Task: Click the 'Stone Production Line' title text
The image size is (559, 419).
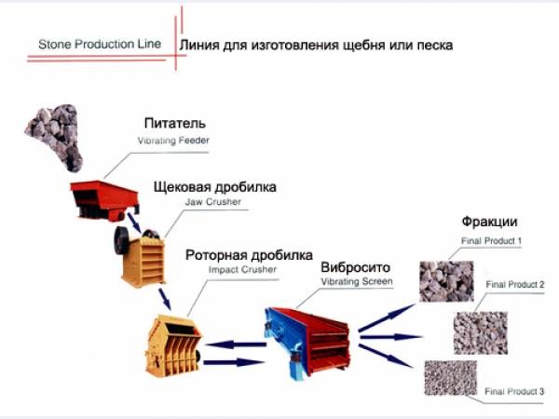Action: (x=100, y=44)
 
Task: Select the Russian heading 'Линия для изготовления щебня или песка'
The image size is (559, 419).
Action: (x=316, y=44)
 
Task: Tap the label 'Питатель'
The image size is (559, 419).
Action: (x=175, y=124)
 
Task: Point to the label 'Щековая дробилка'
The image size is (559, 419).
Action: (x=215, y=187)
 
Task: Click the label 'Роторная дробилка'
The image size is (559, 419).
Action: (x=249, y=254)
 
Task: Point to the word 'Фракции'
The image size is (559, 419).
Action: (x=489, y=223)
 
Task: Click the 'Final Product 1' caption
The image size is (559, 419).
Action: (x=490, y=241)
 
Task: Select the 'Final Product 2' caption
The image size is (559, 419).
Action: (x=514, y=284)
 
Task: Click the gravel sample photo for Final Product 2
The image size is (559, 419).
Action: (x=480, y=331)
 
